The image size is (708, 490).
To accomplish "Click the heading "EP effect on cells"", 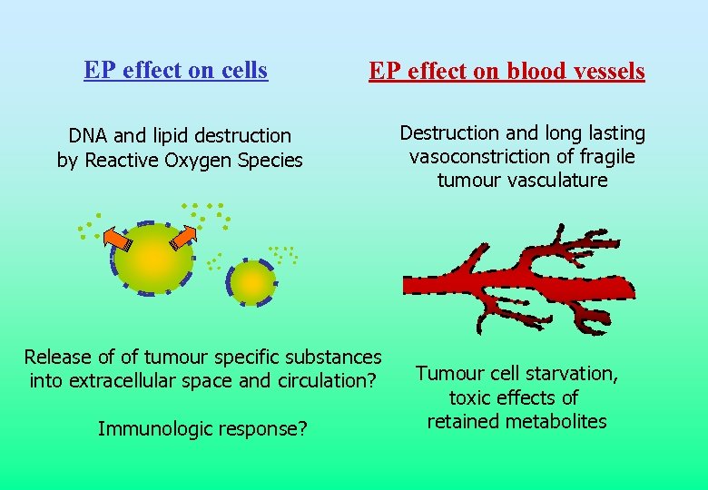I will point(175,70).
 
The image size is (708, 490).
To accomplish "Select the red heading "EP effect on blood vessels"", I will point(506,71).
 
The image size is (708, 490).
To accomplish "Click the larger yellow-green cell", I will point(154,260).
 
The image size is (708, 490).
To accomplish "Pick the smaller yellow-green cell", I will point(252,283).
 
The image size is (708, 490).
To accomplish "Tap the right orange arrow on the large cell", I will point(182,237).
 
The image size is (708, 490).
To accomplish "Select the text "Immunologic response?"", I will point(202,428).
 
